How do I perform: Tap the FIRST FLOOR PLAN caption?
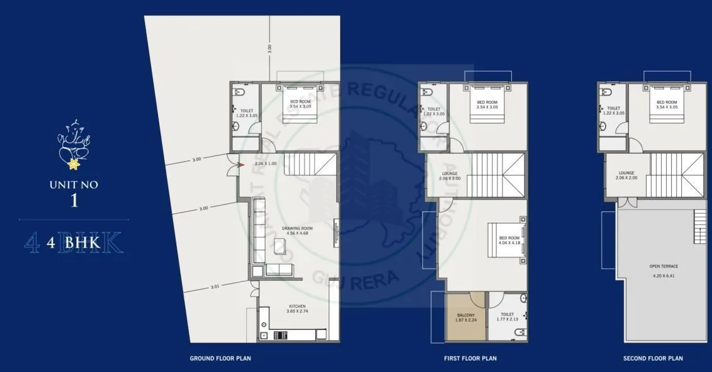(470, 358)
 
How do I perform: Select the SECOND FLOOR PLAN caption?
(653, 358)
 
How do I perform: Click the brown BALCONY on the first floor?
(466, 316)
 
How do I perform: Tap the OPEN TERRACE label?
(664, 266)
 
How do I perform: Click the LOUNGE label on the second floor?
(626, 172)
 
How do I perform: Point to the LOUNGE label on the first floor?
(449, 173)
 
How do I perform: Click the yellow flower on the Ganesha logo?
(75, 165)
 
